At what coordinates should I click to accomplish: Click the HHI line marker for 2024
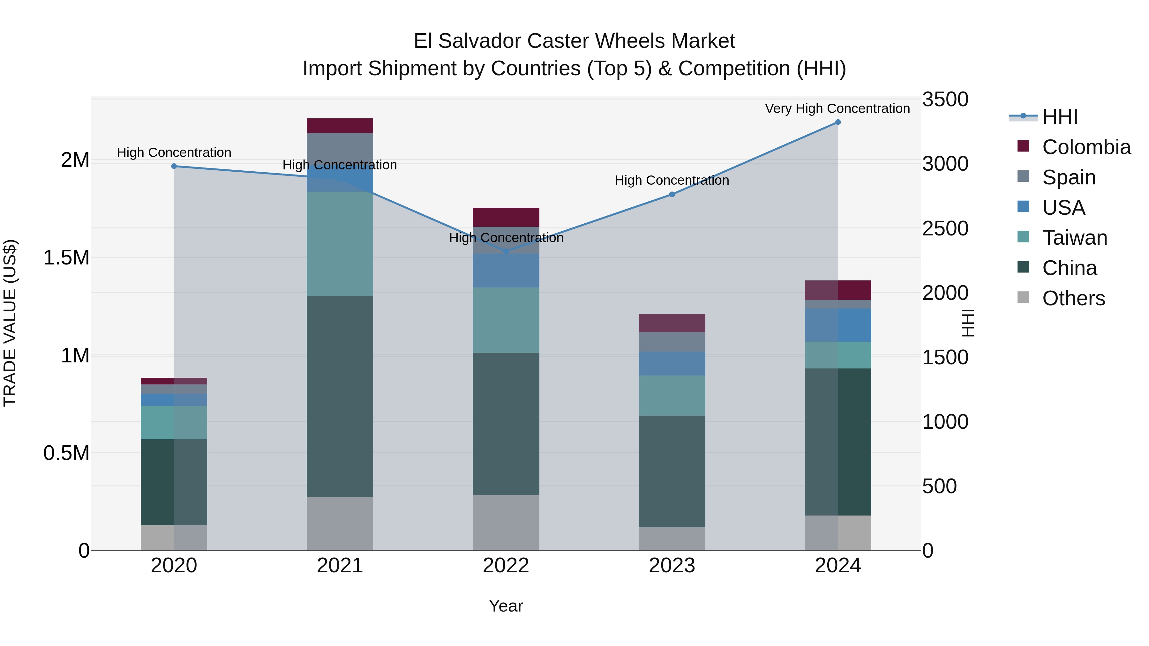[x=838, y=122]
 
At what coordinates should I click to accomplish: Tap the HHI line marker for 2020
[x=174, y=166]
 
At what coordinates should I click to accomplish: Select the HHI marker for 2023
[x=672, y=194]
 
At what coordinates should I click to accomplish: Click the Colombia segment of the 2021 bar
[x=340, y=126]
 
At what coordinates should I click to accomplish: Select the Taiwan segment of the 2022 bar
[x=506, y=320]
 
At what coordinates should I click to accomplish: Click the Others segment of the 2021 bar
[x=340, y=523]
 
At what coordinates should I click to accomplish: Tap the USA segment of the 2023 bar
[x=672, y=363]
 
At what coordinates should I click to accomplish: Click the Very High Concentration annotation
[x=837, y=108]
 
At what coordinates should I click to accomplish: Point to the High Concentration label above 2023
[x=672, y=180]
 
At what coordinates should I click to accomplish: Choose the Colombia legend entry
[x=1086, y=147]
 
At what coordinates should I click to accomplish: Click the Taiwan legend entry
[x=1075, y=238]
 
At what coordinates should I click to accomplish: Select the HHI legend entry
[x=1060, y=117]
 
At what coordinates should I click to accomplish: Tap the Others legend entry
[x=1073, y=298]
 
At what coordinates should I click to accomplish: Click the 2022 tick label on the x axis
[x=506, y=566]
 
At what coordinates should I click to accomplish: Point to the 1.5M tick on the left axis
[x=66, y=258]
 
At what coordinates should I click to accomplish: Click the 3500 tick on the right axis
[x=945, y=100]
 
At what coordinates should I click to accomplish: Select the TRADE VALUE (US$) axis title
[x=10, y=323]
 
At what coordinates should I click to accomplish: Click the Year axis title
[x=506, y=606]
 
